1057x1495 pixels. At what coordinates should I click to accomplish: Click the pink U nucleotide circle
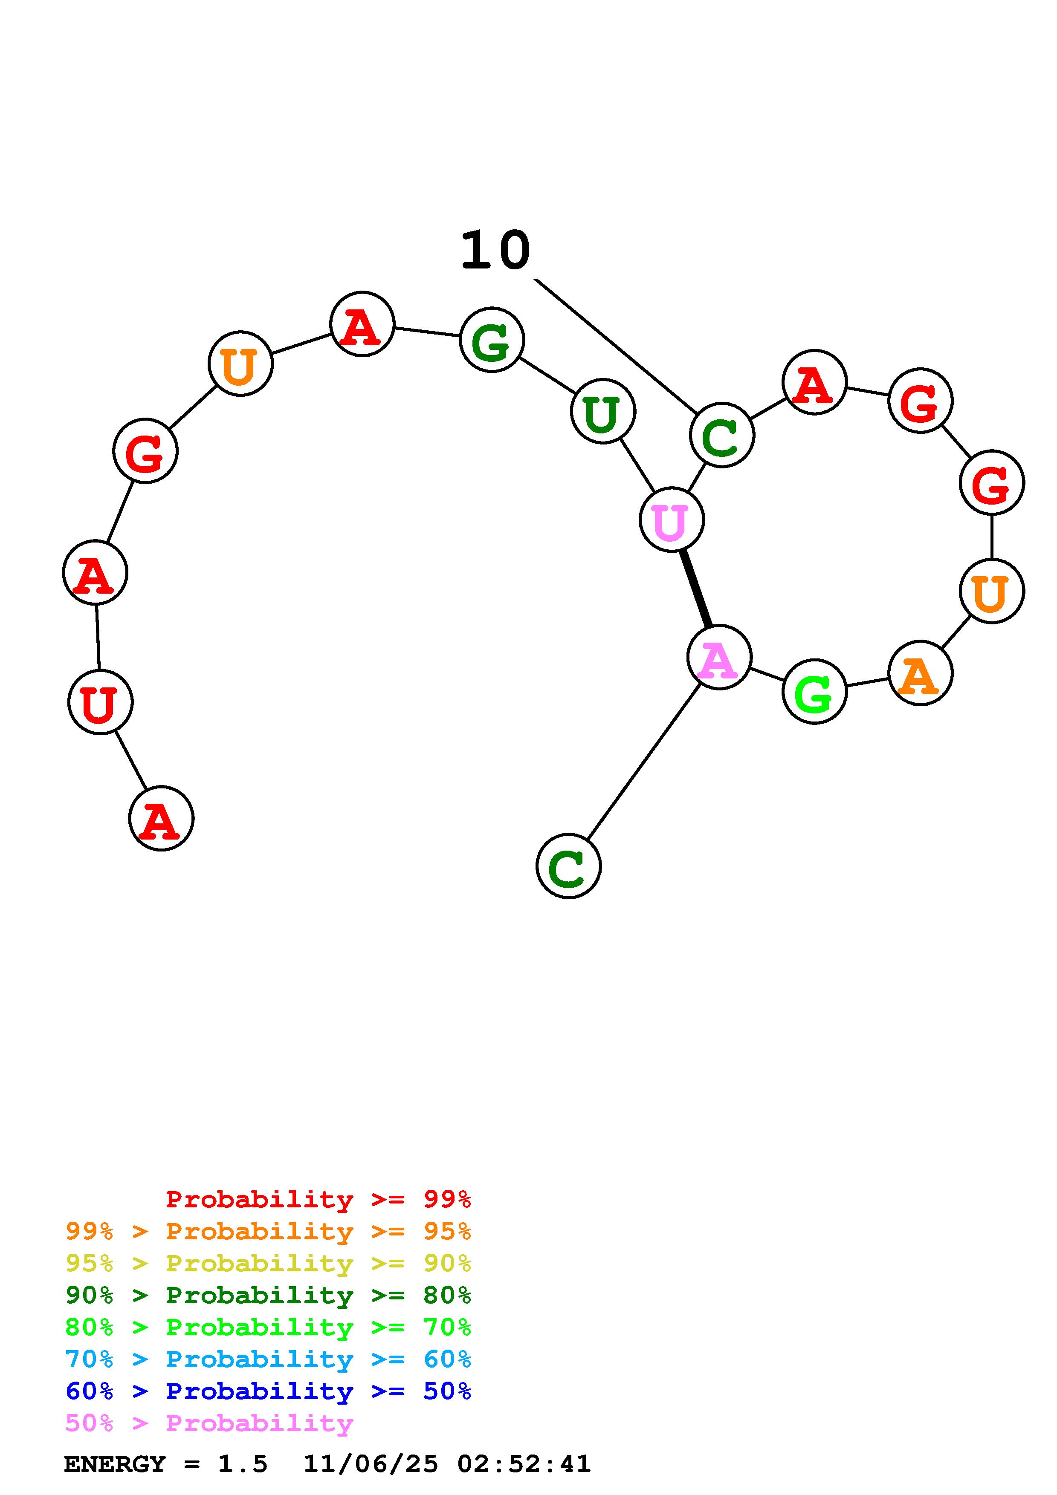coord(672,519)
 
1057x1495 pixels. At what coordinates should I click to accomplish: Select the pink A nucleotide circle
coord(719,658)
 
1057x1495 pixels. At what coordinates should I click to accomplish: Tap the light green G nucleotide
coord(814,692)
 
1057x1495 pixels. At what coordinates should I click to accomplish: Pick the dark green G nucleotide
coord(492,340)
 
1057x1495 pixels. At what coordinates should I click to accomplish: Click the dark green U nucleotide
coord(602,412)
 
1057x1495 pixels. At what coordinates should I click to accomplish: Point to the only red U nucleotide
coord(100,702)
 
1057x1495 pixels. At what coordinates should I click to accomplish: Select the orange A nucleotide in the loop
coord(920,673)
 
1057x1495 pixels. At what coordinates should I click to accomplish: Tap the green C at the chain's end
coord(568,866)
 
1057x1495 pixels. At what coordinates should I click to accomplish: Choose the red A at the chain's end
coord(161,819)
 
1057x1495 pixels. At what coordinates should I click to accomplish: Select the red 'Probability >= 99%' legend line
coord(318,1199)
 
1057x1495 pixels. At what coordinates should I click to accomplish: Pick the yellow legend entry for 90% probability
coord(268,1263)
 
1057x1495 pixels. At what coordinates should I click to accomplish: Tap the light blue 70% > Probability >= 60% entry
coord(268,1359)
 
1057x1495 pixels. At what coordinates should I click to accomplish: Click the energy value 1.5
coord(242,1464)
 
